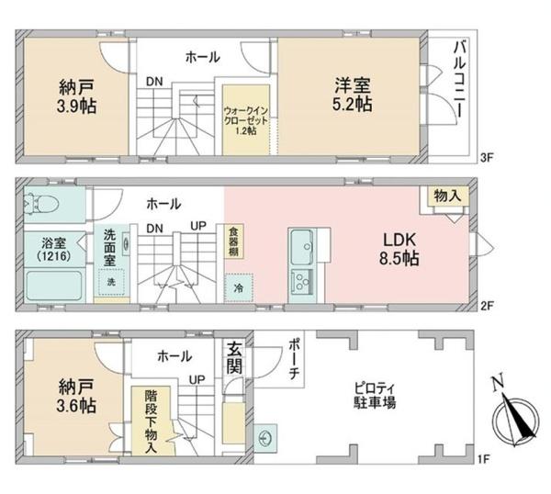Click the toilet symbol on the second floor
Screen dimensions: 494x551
pos(43,205)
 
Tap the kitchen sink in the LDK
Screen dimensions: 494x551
pos(303,246)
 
